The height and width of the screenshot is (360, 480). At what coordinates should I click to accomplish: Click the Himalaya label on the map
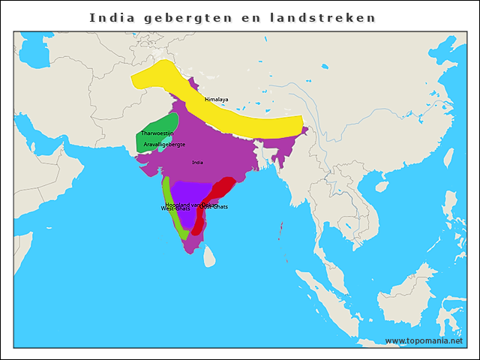(x=217, y=99)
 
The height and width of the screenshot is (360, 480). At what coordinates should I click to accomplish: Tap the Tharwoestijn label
(x=157, y=133)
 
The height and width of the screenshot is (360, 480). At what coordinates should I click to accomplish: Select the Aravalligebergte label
(x=164, y=144)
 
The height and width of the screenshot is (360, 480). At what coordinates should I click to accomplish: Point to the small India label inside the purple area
(x=198, y=162)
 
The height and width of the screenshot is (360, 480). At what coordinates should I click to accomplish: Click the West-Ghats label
(x=175, y=208)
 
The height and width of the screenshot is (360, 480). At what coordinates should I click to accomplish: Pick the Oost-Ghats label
(x=214, y=207)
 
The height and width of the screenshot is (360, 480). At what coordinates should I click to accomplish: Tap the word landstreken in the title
(x=325, y=17)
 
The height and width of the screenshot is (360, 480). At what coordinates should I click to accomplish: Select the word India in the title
(x=112, y=17)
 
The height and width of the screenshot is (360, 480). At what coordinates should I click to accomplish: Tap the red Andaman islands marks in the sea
(x=281, y=228)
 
